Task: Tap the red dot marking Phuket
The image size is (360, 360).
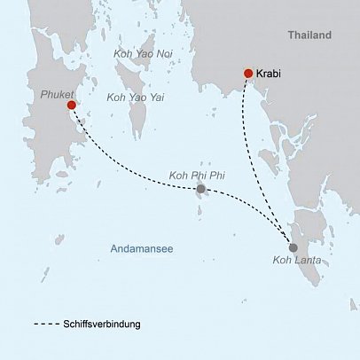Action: coord(71,105)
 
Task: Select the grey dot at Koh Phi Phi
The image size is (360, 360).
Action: coord(201,189)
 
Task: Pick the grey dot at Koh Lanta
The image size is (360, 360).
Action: coord(293,247)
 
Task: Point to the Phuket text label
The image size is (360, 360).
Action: coord(57,92)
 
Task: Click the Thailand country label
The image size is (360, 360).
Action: coord(309,35)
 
